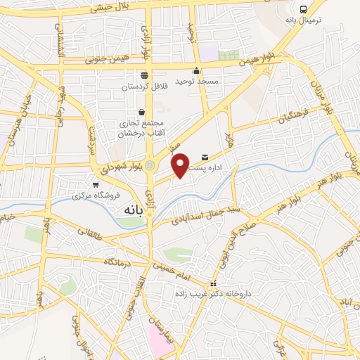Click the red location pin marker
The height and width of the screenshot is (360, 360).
click(181, 165)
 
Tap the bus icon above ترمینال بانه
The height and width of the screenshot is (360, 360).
click(303, 10)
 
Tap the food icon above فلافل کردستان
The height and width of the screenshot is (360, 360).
click(144, 75)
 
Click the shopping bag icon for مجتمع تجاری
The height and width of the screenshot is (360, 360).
click(142, 112)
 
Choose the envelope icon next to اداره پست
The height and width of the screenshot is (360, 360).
click(205, 156)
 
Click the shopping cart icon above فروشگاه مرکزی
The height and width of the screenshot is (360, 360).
click(96, 184)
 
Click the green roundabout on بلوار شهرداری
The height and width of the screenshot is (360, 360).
click(149, 165)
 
